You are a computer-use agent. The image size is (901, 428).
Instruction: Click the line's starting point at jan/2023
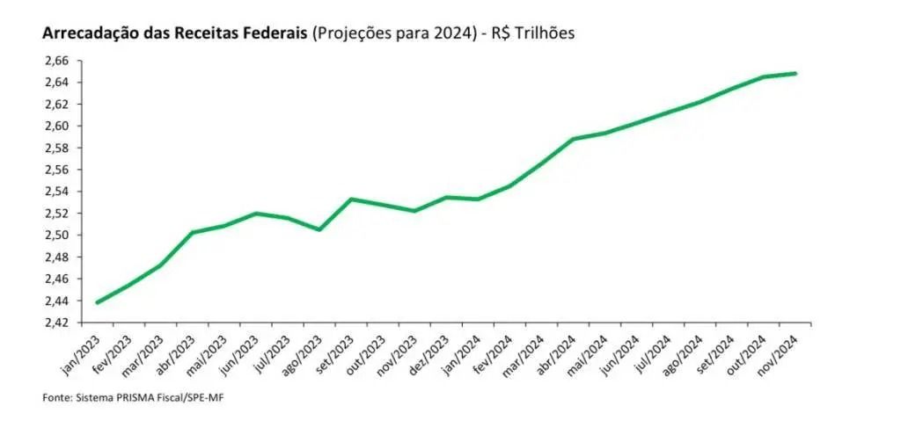pyautogui.click(x=97, y=302)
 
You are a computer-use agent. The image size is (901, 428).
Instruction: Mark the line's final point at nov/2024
pyautogui.click(x=795, y=73)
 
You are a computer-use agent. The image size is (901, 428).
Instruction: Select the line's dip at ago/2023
pyautogui.click(x=319, y=229)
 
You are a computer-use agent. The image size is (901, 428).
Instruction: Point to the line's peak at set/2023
pyautogui.click(x=351, y=199)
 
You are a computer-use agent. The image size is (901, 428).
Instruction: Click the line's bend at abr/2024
pyautogui.click(x=574, y=139)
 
